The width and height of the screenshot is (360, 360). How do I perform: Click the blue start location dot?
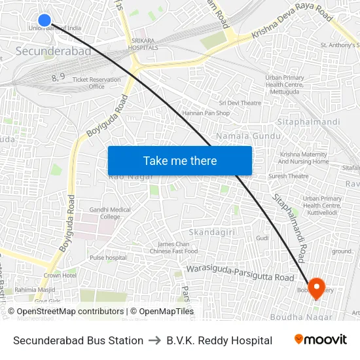click(x=45, y=20)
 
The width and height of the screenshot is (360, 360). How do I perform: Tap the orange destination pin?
click(x=317, y=286)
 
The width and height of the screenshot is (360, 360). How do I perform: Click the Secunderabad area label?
click(x=54, y=51)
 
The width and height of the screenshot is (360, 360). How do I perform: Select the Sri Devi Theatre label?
click(x=240, y=103)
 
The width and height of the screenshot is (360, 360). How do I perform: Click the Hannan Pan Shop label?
click(x=206, y=113)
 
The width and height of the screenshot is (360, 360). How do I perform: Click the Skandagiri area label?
click(x=211, y=232)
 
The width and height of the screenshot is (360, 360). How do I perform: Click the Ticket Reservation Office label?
click(x=96, y=83)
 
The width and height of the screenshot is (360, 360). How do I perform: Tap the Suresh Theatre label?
click(x=288, y=176)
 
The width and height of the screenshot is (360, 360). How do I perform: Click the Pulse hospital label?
click(x=108, y=258)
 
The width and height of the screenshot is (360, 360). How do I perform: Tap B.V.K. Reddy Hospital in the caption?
click(x=219, y=340)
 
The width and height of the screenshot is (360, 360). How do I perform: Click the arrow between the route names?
click(x=154, y=340)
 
